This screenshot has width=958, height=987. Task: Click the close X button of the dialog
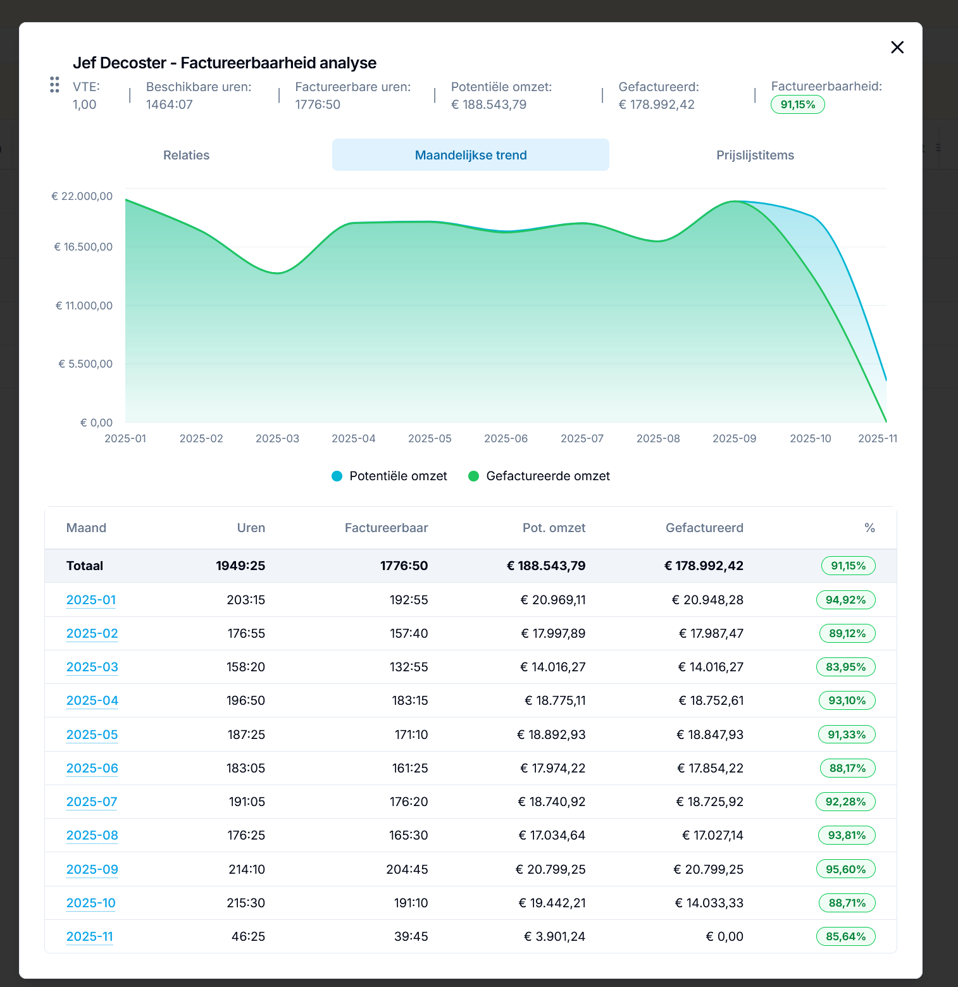tap(897, 47)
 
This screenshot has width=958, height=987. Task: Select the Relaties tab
tap(186, 155)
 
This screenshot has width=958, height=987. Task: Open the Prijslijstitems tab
tap(755, 155)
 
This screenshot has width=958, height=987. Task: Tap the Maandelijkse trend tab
tap(471, 155)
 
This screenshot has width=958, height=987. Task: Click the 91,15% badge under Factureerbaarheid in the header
tap(797, 104)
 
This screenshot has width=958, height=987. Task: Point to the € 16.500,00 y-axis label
tap(84, 247)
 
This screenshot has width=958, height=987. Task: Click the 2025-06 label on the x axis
tap(506, 438)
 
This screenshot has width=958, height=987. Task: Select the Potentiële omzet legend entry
tap(389, 476)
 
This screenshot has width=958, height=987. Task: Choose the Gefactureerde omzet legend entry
tap(539, 476)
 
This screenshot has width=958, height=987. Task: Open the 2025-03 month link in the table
tap(92, 667)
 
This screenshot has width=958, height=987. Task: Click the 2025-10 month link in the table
tap(91, 903)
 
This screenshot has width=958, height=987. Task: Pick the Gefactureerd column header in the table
tap(704, 528)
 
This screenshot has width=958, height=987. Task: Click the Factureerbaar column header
tap(386, 528)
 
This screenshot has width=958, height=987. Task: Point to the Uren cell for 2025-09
tap(247, 869)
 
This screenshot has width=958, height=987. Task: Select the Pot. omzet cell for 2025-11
tap(554, 936)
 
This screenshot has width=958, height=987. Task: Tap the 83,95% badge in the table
tap(845, 667)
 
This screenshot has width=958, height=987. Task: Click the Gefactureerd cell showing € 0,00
tap(725, 936)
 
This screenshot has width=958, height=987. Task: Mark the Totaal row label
tap(85, 566)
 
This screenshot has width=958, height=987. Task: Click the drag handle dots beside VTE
tap(54, 85)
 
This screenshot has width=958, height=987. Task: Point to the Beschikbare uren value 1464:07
tap(170, 104)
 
